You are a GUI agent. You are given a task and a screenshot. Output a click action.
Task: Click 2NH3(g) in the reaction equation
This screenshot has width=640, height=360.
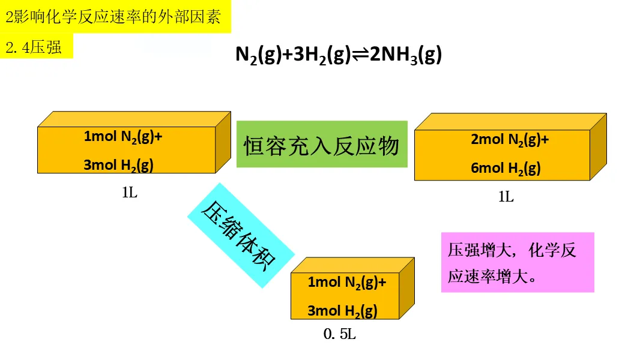pyautogui.click(x=406, y=55)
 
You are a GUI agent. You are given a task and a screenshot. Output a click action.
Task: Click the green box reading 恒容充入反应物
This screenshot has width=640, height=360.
pyautogui.click(x=322, y=145)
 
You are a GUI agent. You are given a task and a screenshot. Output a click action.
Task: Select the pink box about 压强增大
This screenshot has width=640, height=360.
pyautogui.click(x=517, y=262)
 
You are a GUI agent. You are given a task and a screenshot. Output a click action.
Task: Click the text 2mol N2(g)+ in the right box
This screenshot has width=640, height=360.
pyautogui.click(x=510, y=140)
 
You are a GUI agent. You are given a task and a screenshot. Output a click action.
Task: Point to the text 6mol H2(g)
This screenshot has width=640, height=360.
pyautogui.click(x=506, y=168)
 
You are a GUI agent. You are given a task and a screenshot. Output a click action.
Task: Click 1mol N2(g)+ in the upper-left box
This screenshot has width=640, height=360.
pyautogui.click(x=123, y=136)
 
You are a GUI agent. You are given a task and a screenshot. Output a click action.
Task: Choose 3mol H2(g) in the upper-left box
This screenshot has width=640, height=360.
pyautogui.click(x=118, y=165)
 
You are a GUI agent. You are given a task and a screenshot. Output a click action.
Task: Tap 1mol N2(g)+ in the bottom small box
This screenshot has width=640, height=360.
pyautogui.click(x=346, y=282)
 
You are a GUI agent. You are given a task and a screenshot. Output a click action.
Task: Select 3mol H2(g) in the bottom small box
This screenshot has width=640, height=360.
pyautogui.click(x=342, y=311)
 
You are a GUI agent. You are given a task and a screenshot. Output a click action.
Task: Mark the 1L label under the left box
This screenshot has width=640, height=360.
pyautogui.click(x=130, y=193)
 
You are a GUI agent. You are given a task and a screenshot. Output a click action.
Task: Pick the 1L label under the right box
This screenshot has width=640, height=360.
pyautogui.click(x=506, y=196)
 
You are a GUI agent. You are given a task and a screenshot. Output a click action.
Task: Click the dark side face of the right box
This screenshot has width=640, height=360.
pyautogui.click(x=598, y=146)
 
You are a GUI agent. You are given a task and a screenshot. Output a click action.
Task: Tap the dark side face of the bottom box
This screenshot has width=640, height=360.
pyautogui.click(x=407, y=288)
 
